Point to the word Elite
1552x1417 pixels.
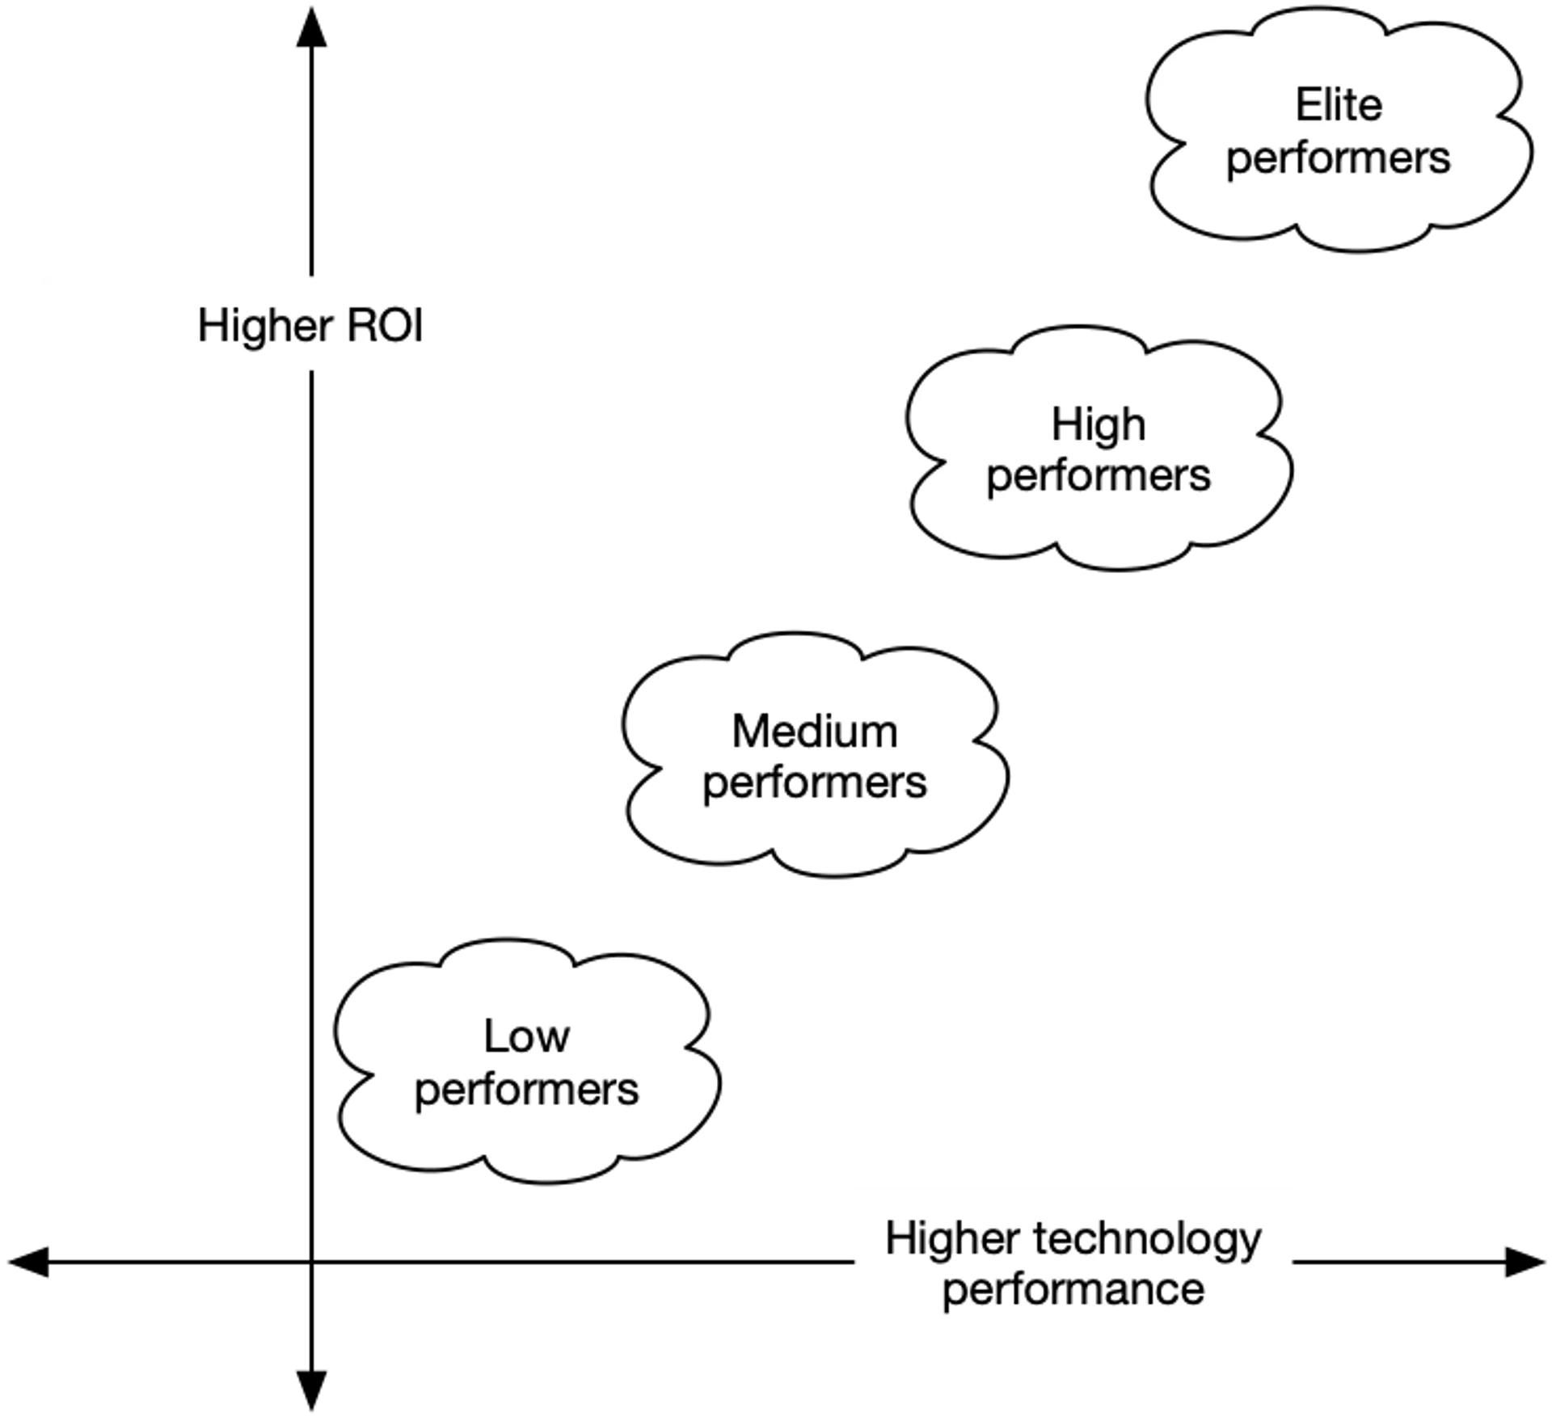1339,105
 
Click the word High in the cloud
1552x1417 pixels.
1098,425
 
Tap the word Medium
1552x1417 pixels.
815,732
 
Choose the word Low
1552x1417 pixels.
527,1036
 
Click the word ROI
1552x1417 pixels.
385,325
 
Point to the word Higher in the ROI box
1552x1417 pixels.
265,327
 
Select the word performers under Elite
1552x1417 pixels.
1338,158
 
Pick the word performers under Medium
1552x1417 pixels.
815,783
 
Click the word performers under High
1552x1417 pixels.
1098,476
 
